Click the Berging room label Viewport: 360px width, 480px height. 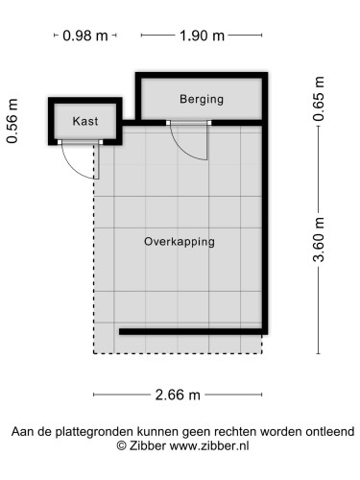click(x=201, y=98)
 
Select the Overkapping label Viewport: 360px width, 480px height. click(x=180, y=241)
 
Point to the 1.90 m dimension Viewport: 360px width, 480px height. click(x=202, y=36)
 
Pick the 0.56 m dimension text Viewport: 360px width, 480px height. click(x=13, y=121)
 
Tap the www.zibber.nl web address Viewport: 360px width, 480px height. click(x=209, y=445)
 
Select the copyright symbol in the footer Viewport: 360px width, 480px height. click(x=122, y=445)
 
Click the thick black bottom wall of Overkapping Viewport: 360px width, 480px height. click(x=192, y=331)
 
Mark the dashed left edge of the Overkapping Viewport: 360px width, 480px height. click(x=94, y=269)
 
